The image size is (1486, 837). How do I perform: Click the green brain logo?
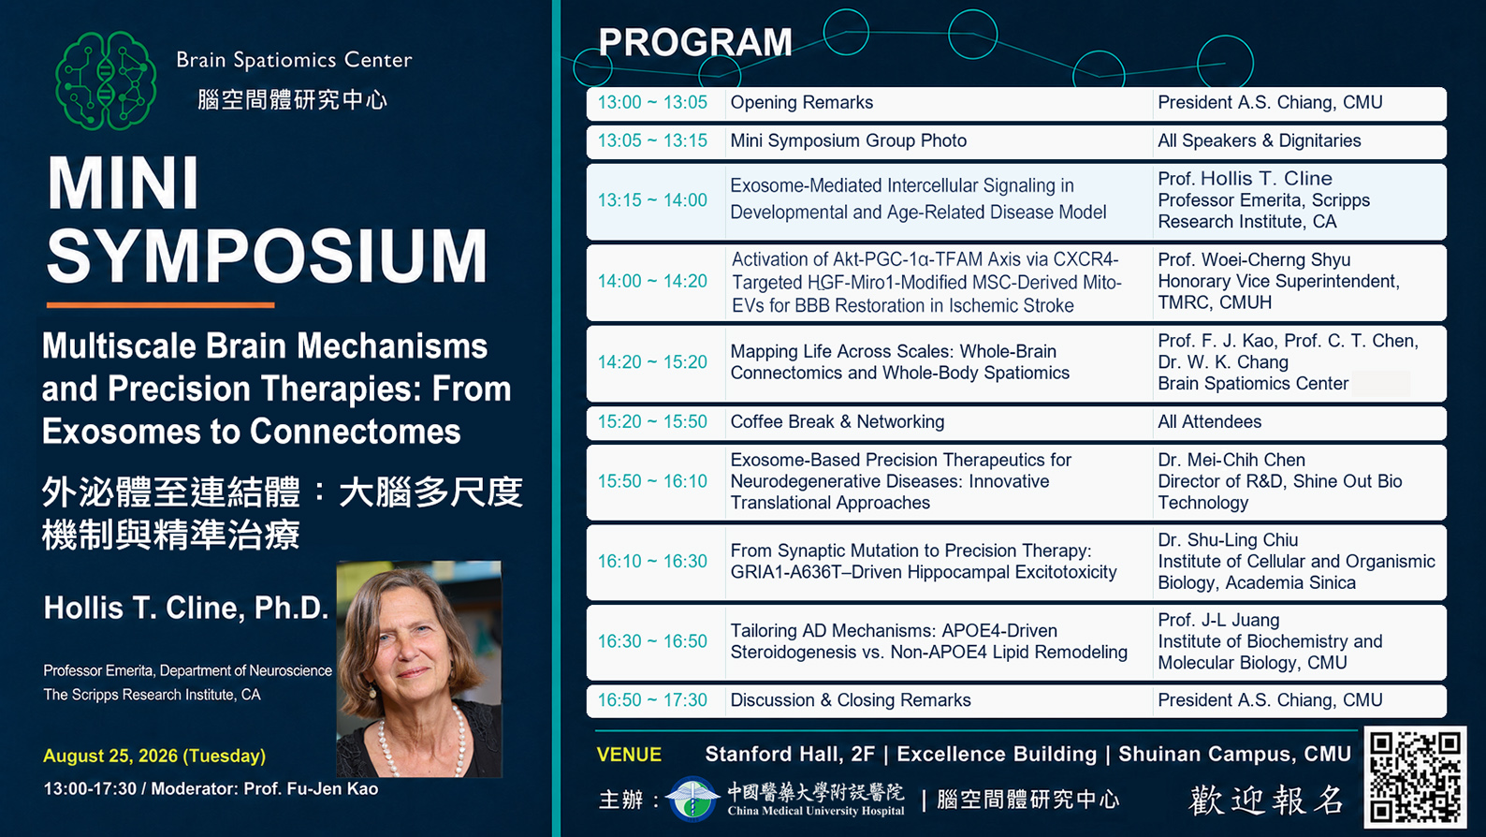106,81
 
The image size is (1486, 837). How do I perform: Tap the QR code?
1415,777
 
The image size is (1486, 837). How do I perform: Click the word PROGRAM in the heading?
695,42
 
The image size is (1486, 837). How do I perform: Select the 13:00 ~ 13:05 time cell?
652,103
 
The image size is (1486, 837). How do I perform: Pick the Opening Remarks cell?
801,103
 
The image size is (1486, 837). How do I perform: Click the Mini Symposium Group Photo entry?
849,140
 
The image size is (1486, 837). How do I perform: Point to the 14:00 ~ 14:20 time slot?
652,282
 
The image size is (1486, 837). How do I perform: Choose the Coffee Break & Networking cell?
838,422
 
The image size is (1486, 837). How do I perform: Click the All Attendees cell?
1209,422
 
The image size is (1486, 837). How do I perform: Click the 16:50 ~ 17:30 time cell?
652,700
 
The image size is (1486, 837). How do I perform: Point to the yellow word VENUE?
629,755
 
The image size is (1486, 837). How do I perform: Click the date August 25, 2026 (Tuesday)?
154,756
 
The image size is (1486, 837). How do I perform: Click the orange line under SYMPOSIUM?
161,305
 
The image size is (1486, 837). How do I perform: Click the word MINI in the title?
124,184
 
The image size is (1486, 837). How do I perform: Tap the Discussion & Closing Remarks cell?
851,700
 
